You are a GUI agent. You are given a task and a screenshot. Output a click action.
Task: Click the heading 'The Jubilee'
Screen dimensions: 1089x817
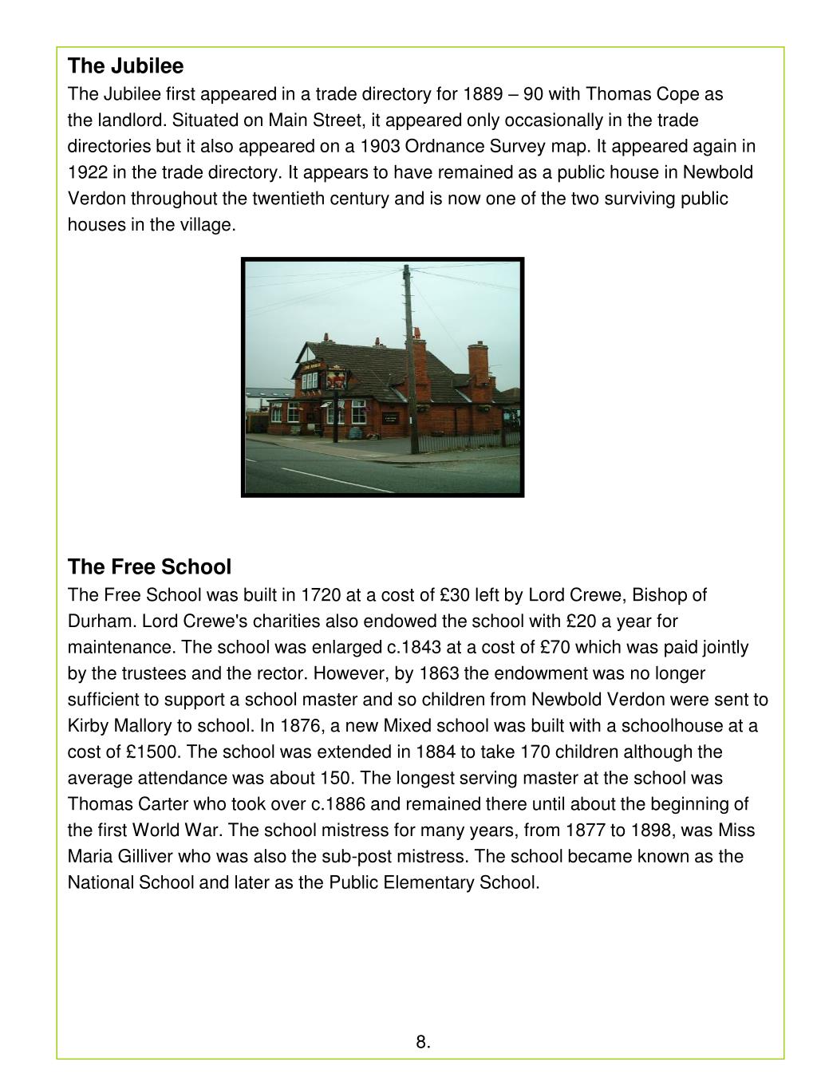point(125,65)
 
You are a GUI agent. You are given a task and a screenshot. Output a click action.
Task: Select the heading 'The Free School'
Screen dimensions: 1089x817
point(149,567)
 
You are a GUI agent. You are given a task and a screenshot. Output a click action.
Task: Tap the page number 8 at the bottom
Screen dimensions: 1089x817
point(423,1042)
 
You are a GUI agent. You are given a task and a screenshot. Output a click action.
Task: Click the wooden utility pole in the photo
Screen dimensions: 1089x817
point(409,359)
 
